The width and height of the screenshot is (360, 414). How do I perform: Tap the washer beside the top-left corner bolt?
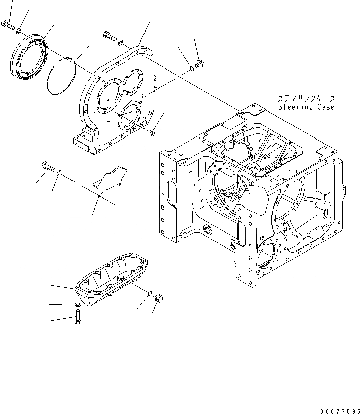(18, 31)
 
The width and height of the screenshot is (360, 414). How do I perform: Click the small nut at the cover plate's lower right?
(152, 133)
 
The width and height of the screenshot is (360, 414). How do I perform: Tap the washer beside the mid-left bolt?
(60, 174)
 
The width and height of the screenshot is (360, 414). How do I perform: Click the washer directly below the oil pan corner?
(76, 305)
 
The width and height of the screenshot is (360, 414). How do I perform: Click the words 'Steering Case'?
(306, 107)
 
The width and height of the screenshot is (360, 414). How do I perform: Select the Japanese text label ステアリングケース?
(306, 99)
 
